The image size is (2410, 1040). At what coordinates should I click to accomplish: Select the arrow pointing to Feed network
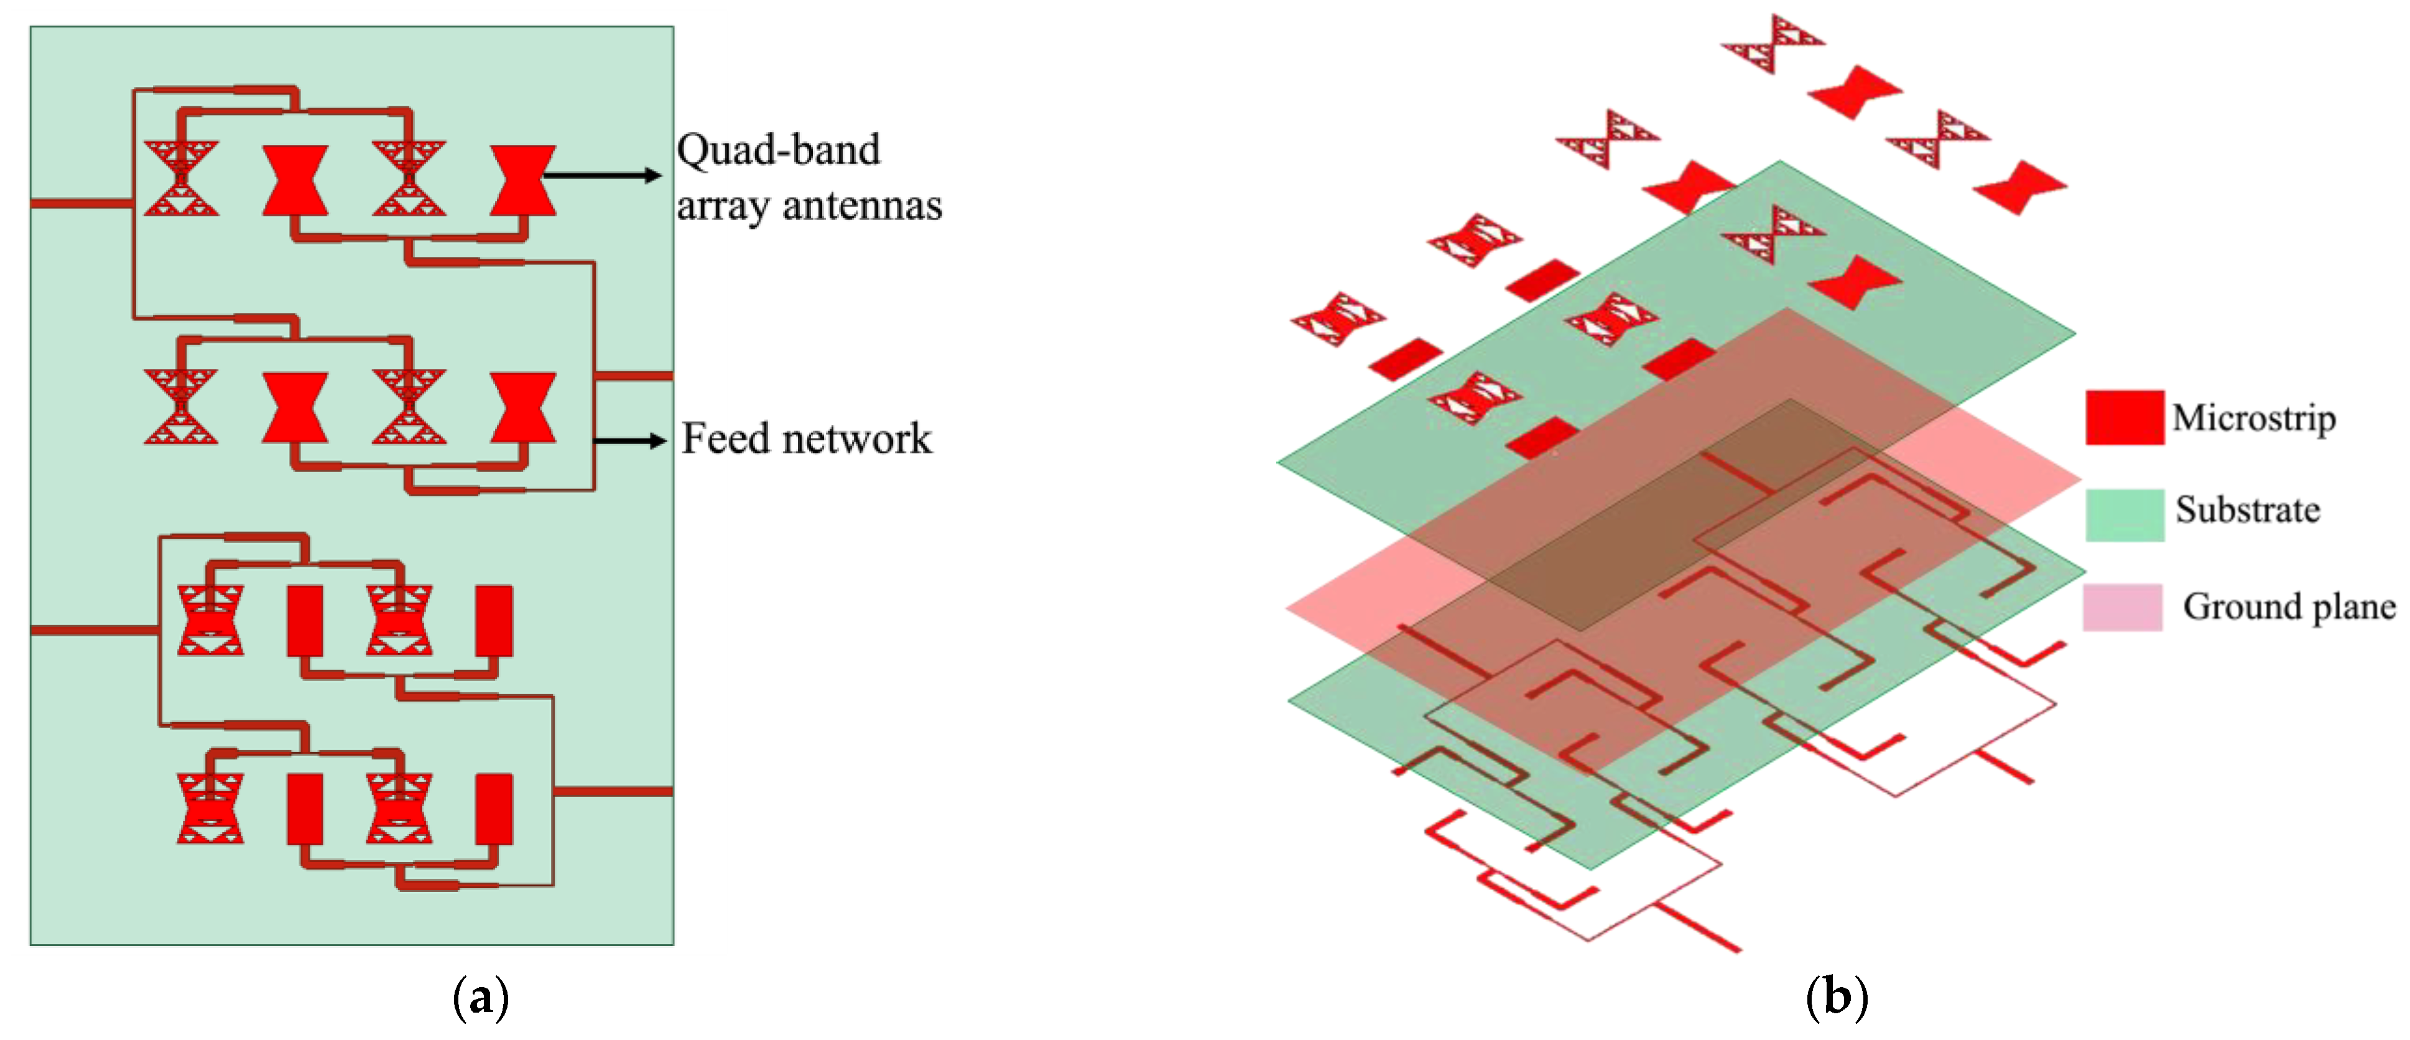629,440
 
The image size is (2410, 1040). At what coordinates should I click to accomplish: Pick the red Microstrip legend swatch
2124,417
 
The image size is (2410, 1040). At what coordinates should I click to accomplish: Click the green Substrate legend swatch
2124,514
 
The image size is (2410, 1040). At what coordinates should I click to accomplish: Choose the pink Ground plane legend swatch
2122,607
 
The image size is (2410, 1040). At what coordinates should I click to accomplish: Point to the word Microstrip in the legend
2253,417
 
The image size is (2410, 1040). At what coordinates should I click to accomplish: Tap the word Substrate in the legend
2247,509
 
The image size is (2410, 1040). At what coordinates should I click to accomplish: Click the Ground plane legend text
2288,607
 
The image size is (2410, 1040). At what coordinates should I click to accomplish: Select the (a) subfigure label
481,998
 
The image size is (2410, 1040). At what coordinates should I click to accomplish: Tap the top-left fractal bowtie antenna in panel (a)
182,179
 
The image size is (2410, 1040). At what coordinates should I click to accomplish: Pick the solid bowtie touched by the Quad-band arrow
523,180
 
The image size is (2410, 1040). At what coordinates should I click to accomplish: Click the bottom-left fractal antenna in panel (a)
210,808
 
